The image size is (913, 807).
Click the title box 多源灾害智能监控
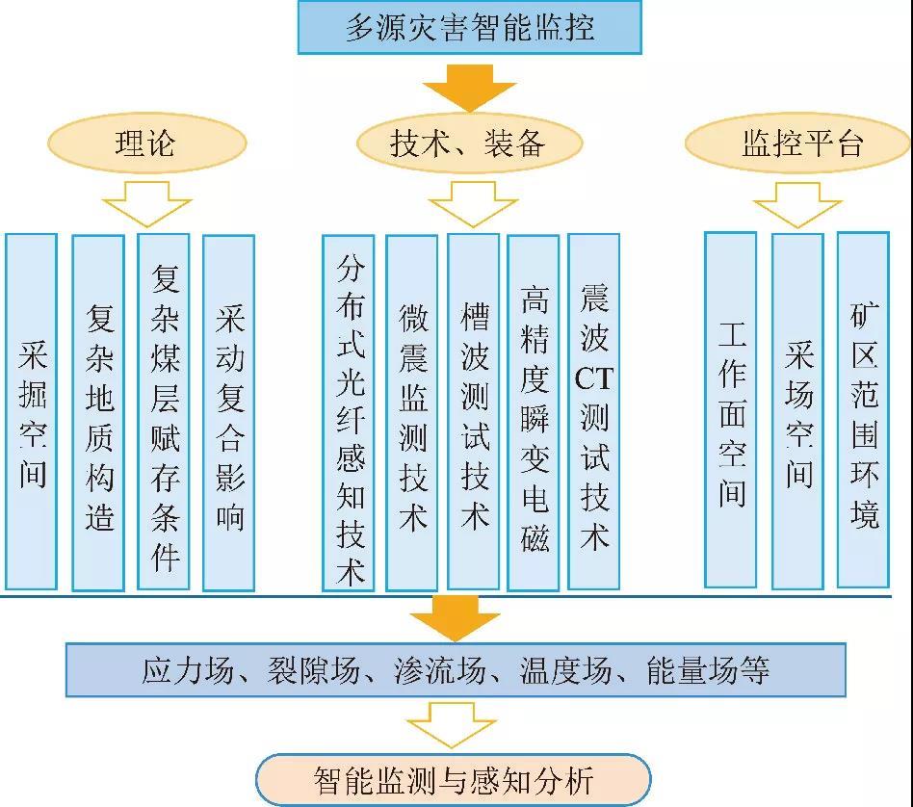click(x=470, y=27)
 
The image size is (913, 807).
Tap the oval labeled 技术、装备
click(x=469, y=144)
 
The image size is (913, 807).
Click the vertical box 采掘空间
click(x=32, y=411)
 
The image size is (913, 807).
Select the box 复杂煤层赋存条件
click(x=164, y=411)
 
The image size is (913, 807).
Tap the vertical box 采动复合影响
click(x=229, y=411)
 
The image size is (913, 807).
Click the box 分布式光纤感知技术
click(x=350, y=411)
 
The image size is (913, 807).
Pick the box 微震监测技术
click(x=412, y=411)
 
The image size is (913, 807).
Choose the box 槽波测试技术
click(x=474, y=411)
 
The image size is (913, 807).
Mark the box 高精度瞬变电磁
click(x=534, y=411)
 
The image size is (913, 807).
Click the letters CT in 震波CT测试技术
click(x=593, y=378)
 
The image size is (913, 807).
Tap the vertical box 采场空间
click(x=798, y=411)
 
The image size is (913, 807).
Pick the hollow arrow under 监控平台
click(x=797, y=205)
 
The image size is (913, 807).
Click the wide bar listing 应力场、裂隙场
click(x=456, y=670)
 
